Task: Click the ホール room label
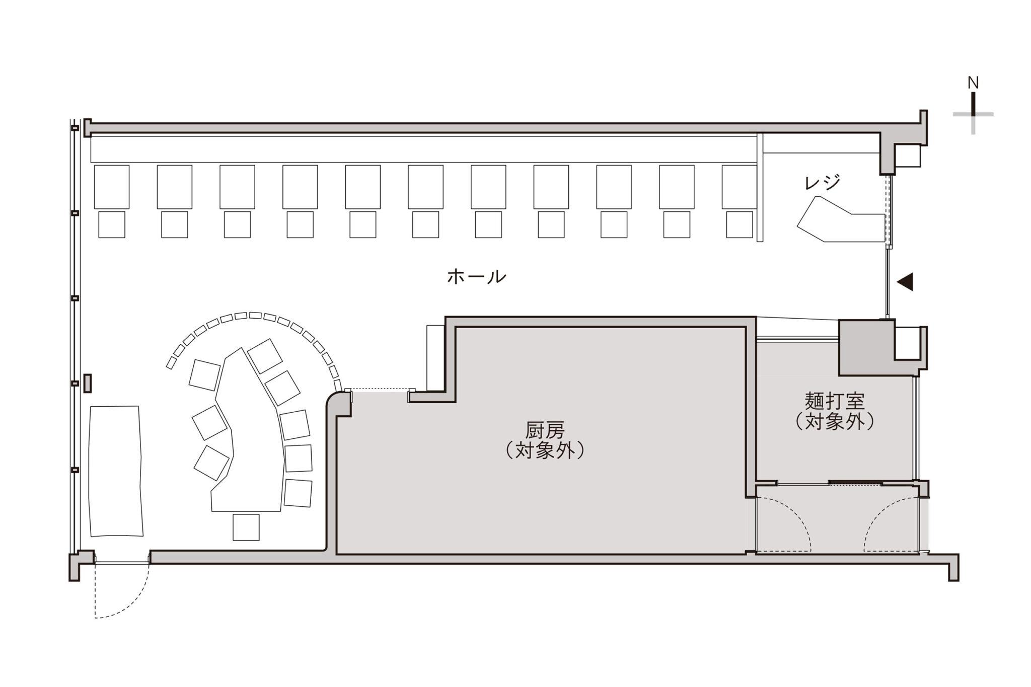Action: [476, 277]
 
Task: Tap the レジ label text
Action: [822, 182]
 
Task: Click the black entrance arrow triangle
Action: [905, 282]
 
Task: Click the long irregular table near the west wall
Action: [115, 471]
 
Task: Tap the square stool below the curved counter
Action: [246, 527]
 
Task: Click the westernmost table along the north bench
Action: [112, 187]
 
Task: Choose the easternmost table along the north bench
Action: [739, 187]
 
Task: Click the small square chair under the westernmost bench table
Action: [112, 224]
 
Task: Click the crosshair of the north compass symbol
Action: [973, 114]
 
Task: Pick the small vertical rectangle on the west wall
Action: [88, 383]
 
